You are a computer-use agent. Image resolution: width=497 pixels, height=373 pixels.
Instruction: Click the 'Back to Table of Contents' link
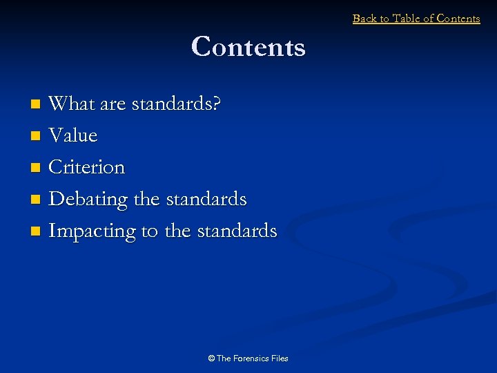416,19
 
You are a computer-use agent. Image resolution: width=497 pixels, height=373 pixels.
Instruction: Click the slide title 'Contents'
248,47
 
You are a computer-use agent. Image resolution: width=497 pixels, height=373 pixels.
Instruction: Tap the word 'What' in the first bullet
72,104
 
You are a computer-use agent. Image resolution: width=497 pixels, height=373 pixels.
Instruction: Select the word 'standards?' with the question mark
176,104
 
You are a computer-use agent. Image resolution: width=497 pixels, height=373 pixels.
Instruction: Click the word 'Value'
73,135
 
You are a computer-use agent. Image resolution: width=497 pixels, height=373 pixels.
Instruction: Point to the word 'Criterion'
87,167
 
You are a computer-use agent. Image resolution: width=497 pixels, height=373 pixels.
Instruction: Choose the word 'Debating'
89,199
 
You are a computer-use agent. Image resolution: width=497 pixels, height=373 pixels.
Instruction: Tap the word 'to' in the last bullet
150,231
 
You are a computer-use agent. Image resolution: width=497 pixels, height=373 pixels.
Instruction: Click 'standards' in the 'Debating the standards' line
206,199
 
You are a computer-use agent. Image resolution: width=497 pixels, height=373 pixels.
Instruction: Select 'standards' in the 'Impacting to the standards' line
237,231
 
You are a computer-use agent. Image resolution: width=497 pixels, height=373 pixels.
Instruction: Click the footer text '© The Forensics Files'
248,358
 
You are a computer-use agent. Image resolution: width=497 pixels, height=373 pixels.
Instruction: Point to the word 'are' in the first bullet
113,104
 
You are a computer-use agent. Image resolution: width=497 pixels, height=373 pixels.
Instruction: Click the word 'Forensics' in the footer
253,358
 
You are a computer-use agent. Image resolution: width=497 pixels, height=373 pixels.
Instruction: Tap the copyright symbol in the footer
211,358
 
